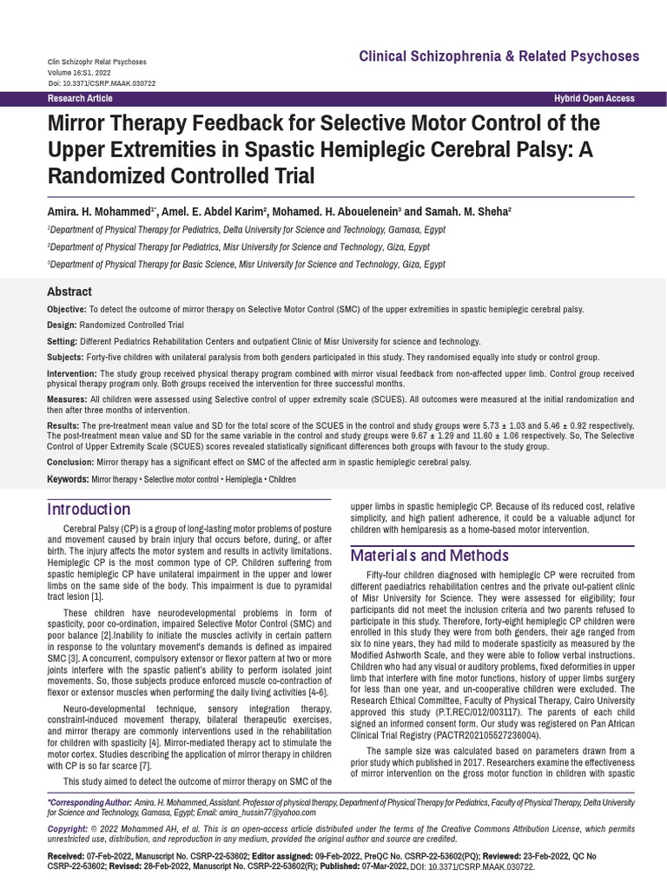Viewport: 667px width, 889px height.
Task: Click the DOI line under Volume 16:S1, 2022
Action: pos(102,83)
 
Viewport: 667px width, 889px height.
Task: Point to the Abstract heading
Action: pos(69,292)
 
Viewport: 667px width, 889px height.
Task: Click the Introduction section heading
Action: pos(89,509)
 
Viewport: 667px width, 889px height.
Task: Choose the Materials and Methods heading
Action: pos(429,556)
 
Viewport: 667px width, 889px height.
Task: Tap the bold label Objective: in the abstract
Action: pos(67,309)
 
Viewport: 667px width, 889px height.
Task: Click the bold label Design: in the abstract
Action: pos(62,325)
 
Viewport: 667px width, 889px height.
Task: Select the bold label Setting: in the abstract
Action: pos(63,341)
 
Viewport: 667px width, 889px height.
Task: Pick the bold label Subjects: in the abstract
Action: pos(65,357)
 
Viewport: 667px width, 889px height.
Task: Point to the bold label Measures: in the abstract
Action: pos(67,398)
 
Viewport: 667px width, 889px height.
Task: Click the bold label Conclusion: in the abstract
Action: pos(70,463)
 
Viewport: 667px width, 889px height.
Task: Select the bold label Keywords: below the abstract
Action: pos(68,479)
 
